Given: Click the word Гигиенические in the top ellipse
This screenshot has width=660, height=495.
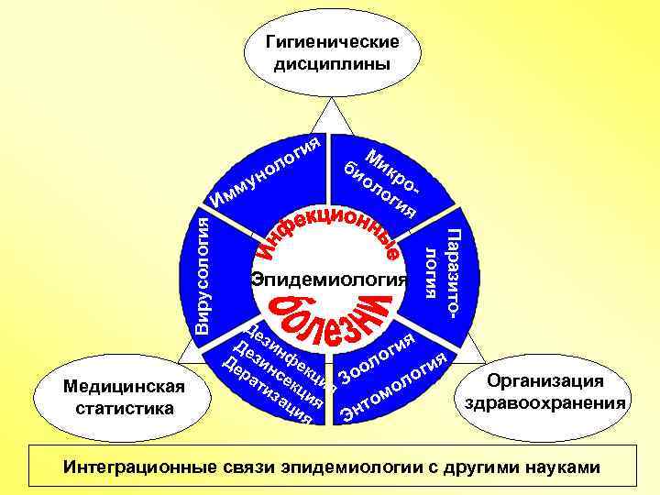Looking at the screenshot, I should coord(332,42).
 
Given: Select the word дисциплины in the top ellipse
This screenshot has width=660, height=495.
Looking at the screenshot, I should coord(332,65).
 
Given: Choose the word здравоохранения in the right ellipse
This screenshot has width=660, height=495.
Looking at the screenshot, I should coord(545,402).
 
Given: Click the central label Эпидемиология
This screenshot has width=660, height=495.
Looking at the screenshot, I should coord(329,279).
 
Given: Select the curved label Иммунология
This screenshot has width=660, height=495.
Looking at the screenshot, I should coord(265,170).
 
